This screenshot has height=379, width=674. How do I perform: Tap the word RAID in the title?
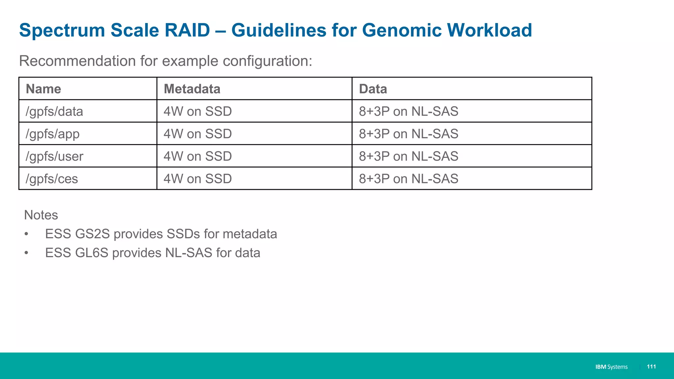(x=187, y=30)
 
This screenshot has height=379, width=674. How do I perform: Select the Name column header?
(x=43, y=89)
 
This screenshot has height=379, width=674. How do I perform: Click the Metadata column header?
(x=192, y=89)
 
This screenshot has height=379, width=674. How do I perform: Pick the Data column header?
(x=373, y=89)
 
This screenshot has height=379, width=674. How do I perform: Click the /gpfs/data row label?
(x=54, y=112)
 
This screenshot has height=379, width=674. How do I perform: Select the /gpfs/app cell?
(x=53, y=134)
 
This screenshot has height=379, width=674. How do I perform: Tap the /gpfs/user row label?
(x=54, y=157)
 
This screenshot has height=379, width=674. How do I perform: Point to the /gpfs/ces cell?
(x=52, y=179)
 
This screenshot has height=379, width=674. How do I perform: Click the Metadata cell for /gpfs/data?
(x=197, y=112)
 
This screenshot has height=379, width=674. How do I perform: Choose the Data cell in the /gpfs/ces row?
(x=408, y=179)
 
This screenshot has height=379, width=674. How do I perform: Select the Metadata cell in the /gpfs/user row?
(x=197, y=157)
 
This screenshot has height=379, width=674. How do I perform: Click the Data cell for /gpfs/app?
(x=408, y=134)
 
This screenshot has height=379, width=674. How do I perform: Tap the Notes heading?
(x=41, y=215)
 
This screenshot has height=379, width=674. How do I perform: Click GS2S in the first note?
(x=92, y=234)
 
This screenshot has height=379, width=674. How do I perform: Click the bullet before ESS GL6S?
(x=26, y=253)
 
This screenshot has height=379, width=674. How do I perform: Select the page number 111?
(x=651, y=366)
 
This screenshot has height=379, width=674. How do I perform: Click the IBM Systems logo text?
(x=611, y=367)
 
